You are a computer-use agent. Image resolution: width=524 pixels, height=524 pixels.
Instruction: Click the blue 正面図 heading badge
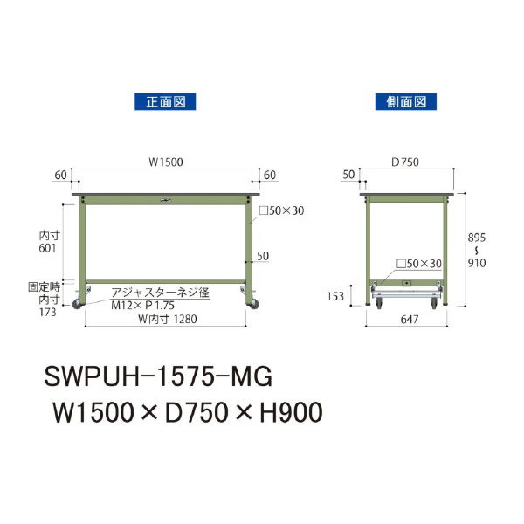coord(164,102)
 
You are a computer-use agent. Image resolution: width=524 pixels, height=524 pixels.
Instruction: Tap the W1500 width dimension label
coord(165,162)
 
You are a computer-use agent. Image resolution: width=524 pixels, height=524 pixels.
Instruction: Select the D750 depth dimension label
coord(406,162)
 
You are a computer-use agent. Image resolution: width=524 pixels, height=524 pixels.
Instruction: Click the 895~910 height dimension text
coord(477,250)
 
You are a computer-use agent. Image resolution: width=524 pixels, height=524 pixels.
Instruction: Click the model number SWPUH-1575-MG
coord(158,376)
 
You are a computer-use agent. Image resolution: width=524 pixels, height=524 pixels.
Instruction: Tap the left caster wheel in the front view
coord(77,304)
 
